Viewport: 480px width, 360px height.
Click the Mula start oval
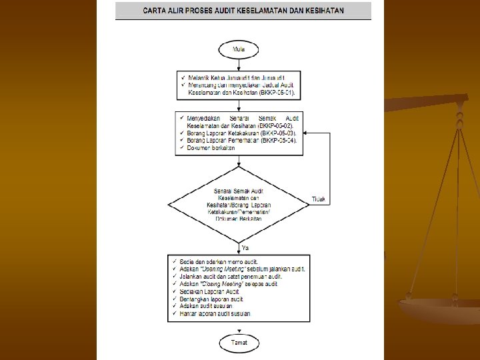(238, 49)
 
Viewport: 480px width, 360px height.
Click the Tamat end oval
(239, 342)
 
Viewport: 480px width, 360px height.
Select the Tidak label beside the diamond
(319, 199)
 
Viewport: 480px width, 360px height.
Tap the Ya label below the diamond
(244, 247)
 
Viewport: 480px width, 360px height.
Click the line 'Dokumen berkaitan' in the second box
(211, 148)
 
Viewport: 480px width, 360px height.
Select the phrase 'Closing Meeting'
(222, 284)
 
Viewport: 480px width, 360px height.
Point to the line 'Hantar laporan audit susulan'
(215, 313)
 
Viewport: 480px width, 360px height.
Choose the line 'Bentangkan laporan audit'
(213, 299)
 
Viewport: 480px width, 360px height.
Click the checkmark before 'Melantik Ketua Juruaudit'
(183, 78)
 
